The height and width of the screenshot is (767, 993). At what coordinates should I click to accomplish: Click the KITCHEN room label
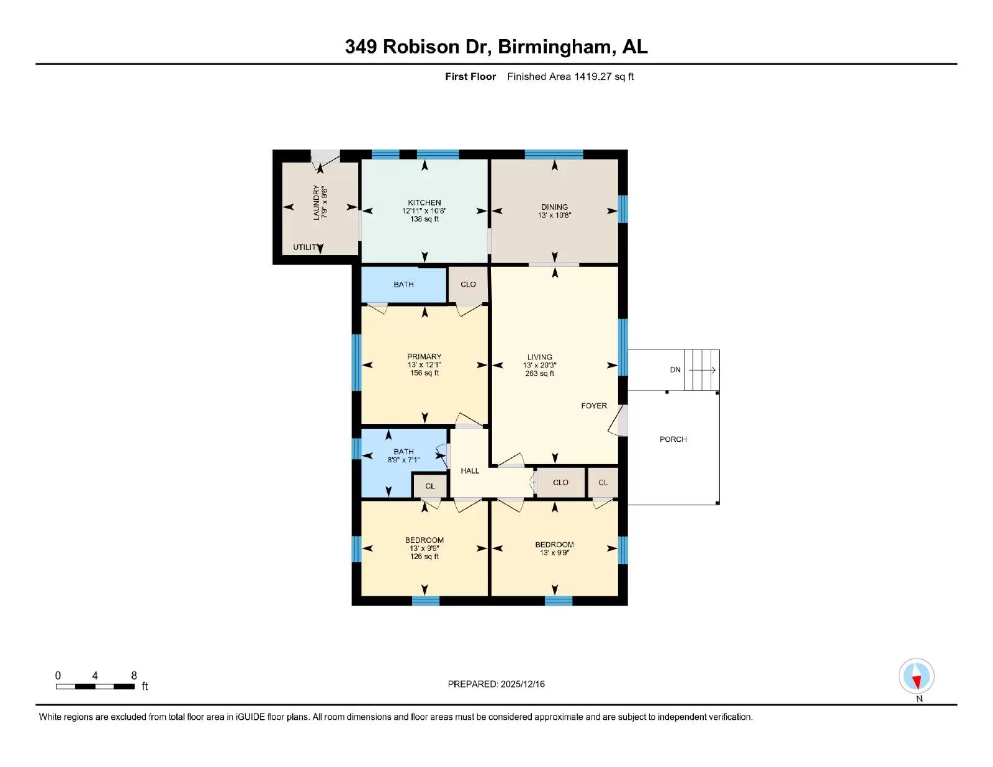coord(425,203)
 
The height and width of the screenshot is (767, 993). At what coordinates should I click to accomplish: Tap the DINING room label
coord(554,207)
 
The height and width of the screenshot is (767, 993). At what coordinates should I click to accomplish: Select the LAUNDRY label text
coord(317,202)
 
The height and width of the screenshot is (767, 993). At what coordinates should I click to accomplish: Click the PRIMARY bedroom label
coord(425,357)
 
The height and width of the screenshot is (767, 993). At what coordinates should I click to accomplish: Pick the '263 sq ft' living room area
coord(539,374)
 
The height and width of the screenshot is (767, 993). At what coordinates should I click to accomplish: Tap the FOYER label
coord(594,406)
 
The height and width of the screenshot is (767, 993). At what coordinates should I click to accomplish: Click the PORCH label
coord(673,439)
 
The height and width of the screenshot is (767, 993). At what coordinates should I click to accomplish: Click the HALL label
coord(470,471)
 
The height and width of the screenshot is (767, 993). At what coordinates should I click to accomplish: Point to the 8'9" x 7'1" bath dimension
coord(403,460)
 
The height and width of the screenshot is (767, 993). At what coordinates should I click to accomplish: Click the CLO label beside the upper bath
coord(468,285)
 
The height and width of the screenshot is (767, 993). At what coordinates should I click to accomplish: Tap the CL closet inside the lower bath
coord(430,487)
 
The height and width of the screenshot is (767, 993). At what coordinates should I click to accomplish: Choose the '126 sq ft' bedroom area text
coord(425,557)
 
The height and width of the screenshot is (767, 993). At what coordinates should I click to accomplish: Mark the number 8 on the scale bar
coord(134,676)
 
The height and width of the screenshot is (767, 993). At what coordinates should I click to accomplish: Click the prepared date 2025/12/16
coord(521,684)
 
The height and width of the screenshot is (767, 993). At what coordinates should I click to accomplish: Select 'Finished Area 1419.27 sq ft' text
coord(570,77)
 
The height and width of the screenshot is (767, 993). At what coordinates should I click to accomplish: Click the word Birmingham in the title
coord(557,47)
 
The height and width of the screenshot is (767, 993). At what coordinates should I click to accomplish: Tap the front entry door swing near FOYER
coord(616,422)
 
